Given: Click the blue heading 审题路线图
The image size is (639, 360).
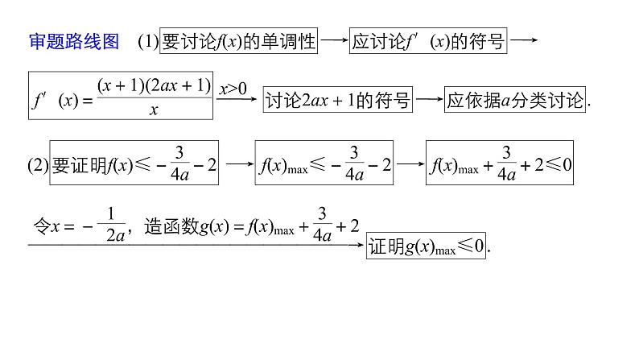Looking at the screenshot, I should tap(74, 41).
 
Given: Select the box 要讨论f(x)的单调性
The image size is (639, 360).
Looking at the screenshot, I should tap(239, 41).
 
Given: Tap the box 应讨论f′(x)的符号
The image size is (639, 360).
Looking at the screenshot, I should tap(428, 41).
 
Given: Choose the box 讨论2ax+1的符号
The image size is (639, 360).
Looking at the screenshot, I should tap(337, 100).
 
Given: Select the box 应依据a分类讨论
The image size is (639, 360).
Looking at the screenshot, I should tap(516, 100).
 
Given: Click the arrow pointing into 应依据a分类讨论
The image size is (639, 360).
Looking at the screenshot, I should tap(429, 100).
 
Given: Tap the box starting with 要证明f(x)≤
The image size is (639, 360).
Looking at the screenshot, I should tap(134, 163).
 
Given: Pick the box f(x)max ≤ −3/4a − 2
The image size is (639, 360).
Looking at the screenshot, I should tap(326, 163).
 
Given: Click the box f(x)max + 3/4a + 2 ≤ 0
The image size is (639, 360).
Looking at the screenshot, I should tap(501, 163).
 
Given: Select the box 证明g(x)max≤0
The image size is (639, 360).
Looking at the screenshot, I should tap(427, 246).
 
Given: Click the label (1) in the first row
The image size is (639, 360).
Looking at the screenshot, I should tap(148, 42).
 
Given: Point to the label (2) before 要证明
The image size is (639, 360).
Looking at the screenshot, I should tap(38, 164).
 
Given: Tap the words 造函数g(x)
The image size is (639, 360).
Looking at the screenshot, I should tap(183, 228).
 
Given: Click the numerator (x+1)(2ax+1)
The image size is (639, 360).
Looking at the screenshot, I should tap(154, 84).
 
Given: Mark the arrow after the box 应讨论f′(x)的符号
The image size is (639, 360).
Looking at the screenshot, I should tap(524, 40).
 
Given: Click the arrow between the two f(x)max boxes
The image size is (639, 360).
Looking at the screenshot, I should tap(410, 163).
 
